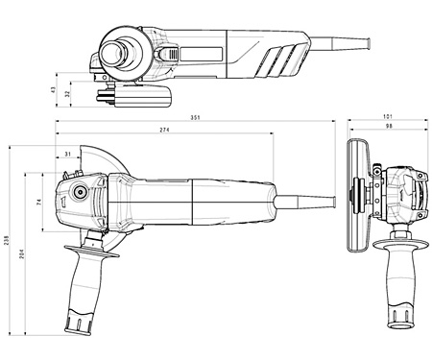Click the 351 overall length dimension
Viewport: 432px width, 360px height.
click(x=195, y=117)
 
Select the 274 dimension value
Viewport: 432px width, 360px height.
click(x=164, y=130)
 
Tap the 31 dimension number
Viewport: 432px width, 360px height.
click(x=68, y=155)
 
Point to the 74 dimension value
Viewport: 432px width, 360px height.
click(x=39, y=202)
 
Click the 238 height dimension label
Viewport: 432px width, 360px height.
click(x=7, y=240)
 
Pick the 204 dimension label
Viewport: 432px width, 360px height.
click(x=22, y=253)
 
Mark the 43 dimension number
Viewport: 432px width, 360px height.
click(x=54, y=90)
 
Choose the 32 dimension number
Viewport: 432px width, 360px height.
click(x=67, y=94)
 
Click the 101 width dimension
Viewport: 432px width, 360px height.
click(x=388, y=117)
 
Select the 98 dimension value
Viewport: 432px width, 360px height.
click(x=389, y=126)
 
